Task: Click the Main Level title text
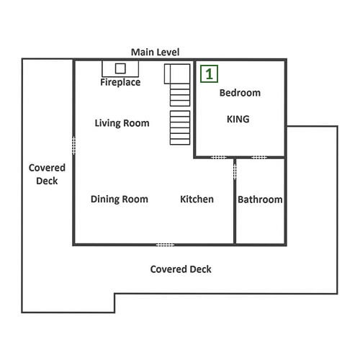(155, 52)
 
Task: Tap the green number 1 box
(209, 73)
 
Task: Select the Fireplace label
(120, 82)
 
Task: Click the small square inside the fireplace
(120, 68)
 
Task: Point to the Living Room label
(122, 123)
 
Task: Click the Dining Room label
(120, 199)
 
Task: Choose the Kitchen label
(197, 199)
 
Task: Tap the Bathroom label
(260, 199)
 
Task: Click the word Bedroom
(240, 93)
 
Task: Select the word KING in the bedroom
(238, 119)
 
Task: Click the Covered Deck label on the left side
(47, 174)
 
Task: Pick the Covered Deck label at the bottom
(181, 269)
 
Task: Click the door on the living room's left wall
(74, 145)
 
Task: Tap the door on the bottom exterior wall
(166, 245)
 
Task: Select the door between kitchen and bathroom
(235, 171)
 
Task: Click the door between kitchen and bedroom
(218, 158)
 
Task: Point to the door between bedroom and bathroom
(259, 158)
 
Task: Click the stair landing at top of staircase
(177, 74)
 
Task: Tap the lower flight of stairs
(180, 127)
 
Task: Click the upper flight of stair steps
(180, 95)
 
